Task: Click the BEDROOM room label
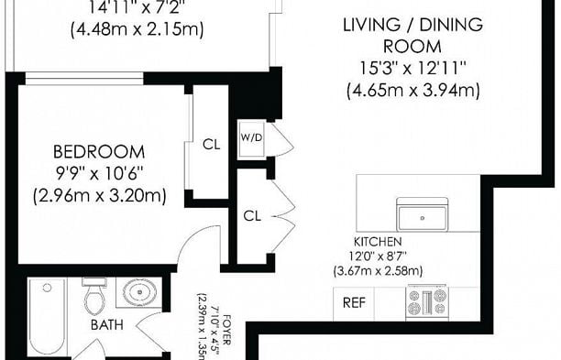(99, 152)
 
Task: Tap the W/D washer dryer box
(251, 138)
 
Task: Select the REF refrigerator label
(354, 303)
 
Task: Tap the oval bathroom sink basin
(139, 292)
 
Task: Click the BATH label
(107, 324)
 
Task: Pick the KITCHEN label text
(378, 242)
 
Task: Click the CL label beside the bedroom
(212, 145)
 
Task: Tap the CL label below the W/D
(252, 215)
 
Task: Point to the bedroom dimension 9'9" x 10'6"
(99, 174)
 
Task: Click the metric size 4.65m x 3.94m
(412, 90)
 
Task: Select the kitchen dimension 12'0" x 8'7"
(378, 256)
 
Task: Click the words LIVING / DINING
(412, 25)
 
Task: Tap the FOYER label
(226, 330)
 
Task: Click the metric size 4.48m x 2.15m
(137, 29)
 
